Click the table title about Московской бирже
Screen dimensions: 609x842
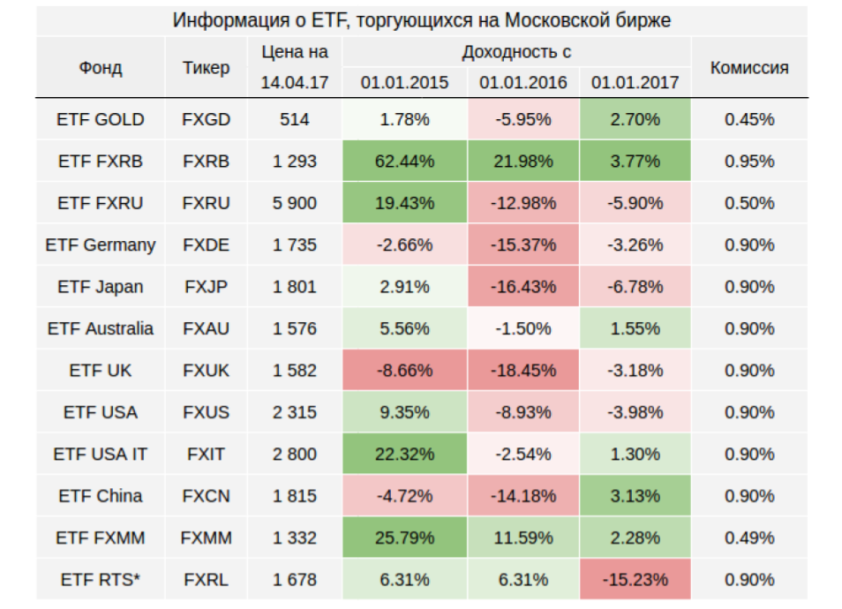pyautogui.click(x=421, y=20)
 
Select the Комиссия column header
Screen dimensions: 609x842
pyautogui.click(x=749, y=67)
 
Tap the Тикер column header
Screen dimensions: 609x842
pyautogui.click(x=207, y=67)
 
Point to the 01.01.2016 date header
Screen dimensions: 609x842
pyautogui.click(x=522, y=83)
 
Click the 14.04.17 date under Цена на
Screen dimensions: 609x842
pyautogui.click(x=294, y=83)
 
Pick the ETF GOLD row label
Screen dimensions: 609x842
pyautogui.click(x=100, y=119)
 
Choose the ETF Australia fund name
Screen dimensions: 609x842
pyautogui.click(x=100, y=328)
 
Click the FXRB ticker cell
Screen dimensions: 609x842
pyautogui.click(x=207, y=162)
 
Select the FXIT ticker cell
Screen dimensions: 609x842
pyautogui.click(x=207, y=455)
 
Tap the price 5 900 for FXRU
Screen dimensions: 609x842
pyautogui.click(x=294, y=203)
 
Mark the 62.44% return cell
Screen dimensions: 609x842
pyautogui.click(x=405, y=162)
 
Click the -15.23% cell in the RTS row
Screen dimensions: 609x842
pyautogui.click(x=635, y=580)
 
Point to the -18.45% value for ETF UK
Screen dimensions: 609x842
pyautogui.click(x=522, y=371)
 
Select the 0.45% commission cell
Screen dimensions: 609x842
pyautogui.click(x=749, y=119)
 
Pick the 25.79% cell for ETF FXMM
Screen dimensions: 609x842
pyautogui.click(x=405, y=538)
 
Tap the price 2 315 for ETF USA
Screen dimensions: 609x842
pyautogui.click(x=294, y=412)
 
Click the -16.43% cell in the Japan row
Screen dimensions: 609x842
pyautogui.click(x=522, y=287)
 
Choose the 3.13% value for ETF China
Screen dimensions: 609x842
pyautogui.click(x=635, y=496)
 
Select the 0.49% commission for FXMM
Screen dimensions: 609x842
pyautogui.click(x=749, y=538)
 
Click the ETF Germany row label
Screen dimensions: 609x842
pyautogui.click(x=100, y=245)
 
